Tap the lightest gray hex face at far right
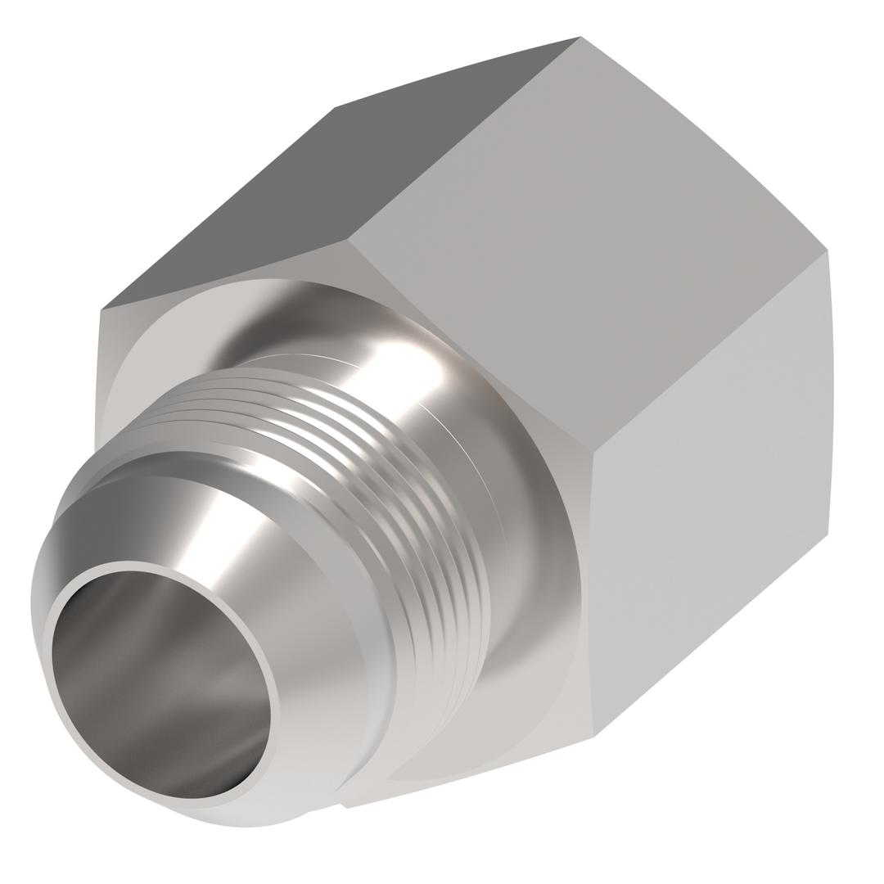click(712, 491)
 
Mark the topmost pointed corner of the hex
click(580, 37)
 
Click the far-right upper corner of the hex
click(827, 250)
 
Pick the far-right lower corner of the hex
click(828, 534)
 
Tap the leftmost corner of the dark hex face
click(101, 309)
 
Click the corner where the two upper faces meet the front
click(347, 239)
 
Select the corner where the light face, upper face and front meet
click(593, 451)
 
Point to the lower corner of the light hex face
click(593, 736)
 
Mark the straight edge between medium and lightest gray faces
click(710, 350)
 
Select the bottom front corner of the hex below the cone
click(347, 807)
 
